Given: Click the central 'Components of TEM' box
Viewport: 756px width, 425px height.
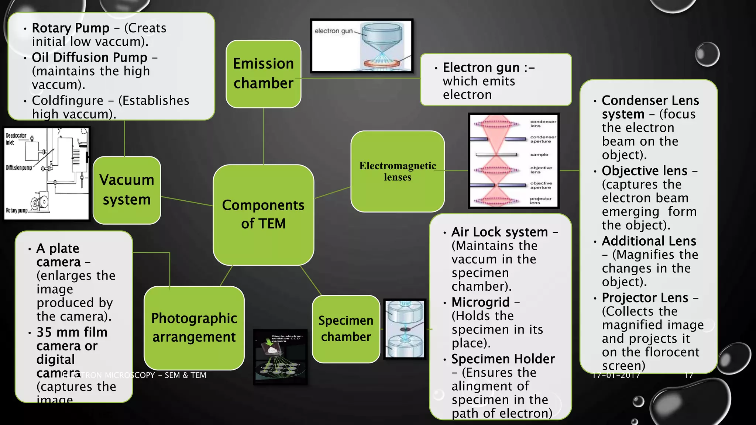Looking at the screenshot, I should click(263, 214).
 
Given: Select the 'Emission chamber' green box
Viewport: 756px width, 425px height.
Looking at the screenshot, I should click(263, 73).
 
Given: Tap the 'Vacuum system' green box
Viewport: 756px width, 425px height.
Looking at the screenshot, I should click(127, 190).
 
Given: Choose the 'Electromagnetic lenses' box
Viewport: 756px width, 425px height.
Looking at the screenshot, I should click(398, 171).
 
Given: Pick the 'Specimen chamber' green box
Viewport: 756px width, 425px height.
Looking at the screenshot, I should click(346, 329).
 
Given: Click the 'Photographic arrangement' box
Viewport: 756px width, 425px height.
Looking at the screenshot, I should click(194, 328).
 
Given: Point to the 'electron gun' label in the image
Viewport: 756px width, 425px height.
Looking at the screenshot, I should click(333, 31).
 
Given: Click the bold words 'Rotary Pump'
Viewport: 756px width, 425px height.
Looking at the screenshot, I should click(71, 28).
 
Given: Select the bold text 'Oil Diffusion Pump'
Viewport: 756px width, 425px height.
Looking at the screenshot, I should click(89, 57).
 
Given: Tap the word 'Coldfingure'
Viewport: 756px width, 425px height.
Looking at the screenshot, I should click(68, 100).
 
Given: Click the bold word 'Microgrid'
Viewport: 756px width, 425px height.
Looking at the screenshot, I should click(480, 302).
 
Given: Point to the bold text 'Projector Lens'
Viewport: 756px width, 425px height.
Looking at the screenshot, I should click(645, 298).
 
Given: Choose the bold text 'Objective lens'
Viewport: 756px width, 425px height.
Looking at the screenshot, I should click(645, 171).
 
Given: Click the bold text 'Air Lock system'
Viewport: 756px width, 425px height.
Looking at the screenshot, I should click(499, 232).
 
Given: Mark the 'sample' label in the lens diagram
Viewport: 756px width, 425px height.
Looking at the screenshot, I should click(539, 155).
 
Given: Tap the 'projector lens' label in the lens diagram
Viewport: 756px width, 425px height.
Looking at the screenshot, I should click(540, 200).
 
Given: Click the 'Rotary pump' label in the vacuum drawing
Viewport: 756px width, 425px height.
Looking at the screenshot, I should click(17, 210).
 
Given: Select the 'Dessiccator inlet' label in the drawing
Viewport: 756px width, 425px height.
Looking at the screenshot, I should click(16, 139).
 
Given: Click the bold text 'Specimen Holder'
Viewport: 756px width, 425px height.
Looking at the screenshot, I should click(503, 359).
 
